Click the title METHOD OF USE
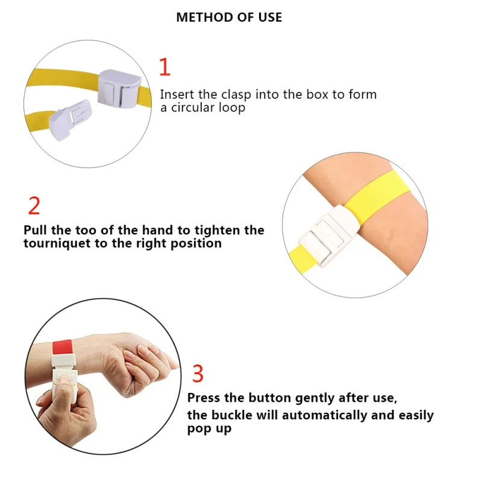point(229,17)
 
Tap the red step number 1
point(165,67)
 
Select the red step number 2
point(34,205)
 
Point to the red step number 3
point(198,373)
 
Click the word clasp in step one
point(236,95)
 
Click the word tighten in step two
point(218,231)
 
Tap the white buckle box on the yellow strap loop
point(119,89)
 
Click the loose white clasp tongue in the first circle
point(70,119)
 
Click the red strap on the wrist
point(63,347)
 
